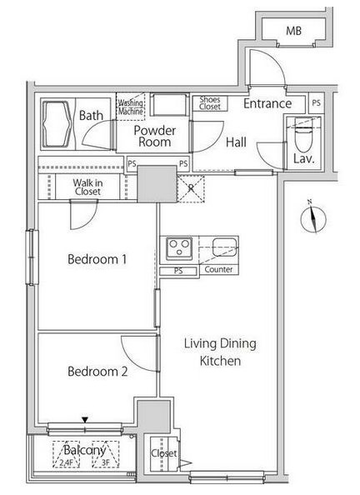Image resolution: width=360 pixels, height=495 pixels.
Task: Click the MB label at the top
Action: (x=293, y=31)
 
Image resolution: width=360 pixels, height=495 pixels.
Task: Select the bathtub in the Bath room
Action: (x=56, y=124)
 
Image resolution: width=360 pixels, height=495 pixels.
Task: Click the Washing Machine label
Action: (x=131, y=107)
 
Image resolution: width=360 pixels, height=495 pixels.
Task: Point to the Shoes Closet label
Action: (x=210, y=103)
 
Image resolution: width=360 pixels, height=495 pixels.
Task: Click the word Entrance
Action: (x=267, y=103)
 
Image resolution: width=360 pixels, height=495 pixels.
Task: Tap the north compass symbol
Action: (x=313, y=218)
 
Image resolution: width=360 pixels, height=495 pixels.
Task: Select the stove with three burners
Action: (x=179, y=248)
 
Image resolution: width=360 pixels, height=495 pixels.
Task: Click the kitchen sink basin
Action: (x=224, y=247)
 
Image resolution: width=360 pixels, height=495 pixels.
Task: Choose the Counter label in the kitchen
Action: (x=218, y=270)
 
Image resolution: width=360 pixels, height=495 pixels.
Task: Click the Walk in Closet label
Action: (x=87, y=187)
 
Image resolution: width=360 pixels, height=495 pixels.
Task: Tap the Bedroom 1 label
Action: (x=97, y=259)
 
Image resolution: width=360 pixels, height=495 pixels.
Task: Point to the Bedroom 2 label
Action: (x=97, y=372)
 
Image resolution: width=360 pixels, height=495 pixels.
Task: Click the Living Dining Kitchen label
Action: (x=220, y=352)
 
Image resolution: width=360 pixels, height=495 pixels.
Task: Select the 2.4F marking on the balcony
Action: (x=65, y=463)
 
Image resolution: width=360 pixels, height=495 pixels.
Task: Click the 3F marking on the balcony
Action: (x=106, y=463)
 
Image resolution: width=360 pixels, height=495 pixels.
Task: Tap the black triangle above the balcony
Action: (x=85, y=420)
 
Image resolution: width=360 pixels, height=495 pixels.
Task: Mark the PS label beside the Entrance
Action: (x=316, y=102)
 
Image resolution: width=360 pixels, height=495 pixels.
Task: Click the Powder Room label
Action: (x=155, y=137)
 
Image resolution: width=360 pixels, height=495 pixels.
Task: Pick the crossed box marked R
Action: (x=191, y=188)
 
